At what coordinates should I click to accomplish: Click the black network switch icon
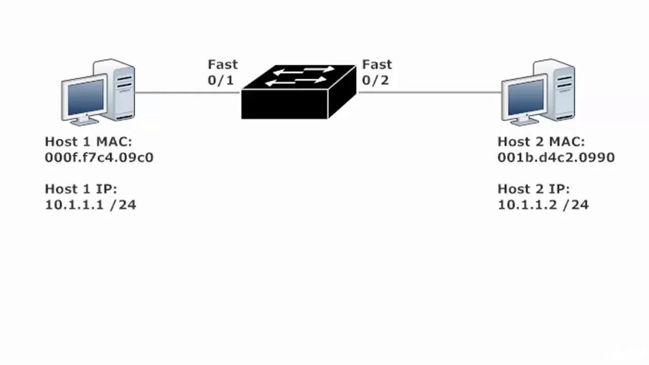tap(299, 92)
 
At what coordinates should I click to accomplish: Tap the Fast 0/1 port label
tap(223, 72)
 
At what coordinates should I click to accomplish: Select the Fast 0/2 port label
tap(377, 72)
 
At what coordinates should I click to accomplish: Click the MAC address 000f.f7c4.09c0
tap(99, 158)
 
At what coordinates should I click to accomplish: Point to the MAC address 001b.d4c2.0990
tap(556, 158)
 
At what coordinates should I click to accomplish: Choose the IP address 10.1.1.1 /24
tap(90, 205)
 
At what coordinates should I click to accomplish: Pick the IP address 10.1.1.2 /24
tap(543, 205)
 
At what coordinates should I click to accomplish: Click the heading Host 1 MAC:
tap(88, 141)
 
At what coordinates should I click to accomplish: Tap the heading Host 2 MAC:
tap(541, 141)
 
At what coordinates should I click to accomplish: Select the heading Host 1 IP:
tap(81, 189)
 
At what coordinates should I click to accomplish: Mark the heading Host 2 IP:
tap(534, 189)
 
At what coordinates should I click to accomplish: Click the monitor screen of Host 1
tap(86, 97)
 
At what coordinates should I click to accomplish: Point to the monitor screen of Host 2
tap(526, 97)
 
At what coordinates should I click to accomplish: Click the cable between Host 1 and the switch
tap(188, 93)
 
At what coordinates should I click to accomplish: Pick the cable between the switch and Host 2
tap(430, 92)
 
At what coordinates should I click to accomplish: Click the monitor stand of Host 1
tap(84, 121)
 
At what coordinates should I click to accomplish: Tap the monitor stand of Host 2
tap(524, 121)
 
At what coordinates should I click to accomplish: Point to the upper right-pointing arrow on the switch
tap(319, 69)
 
